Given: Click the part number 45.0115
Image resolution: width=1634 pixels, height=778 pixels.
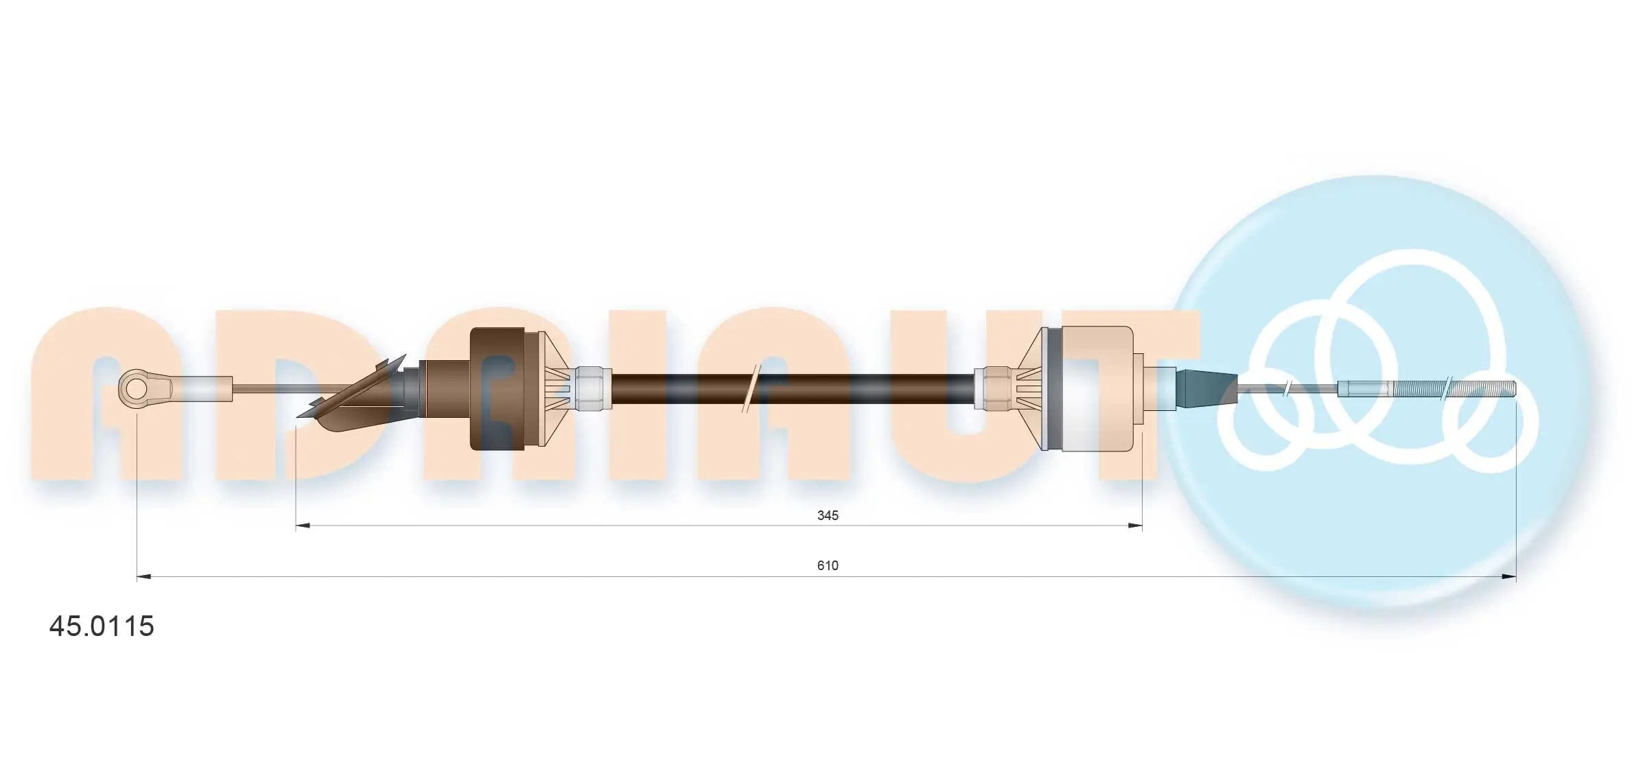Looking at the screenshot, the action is [102, 626].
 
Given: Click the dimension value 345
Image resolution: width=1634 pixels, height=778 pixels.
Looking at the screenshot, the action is [828, 515].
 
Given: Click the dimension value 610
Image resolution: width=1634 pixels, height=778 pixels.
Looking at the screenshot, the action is [828, 565].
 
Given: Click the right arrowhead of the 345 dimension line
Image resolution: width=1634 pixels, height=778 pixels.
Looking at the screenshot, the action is [1135, 526].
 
